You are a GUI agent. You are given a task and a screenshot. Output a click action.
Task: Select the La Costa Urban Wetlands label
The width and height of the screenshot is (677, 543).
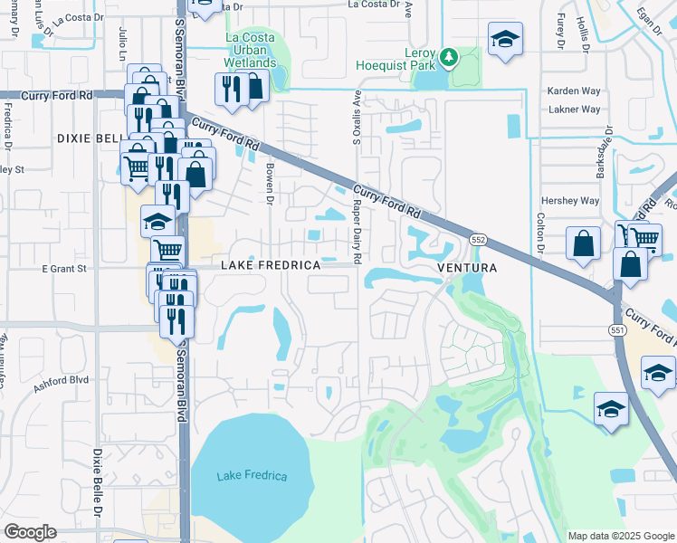pyautogui.click(x=251, y=51)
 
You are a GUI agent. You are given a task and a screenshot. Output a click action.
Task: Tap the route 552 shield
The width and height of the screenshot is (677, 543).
pyautogui.click(x=479, y=238)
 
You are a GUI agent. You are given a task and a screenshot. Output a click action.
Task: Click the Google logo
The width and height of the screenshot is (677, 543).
pyautogui.click(x=30, y=532)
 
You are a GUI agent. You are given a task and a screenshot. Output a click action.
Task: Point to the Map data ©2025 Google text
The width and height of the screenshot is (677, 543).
pyautogui.click(x=620, y=536)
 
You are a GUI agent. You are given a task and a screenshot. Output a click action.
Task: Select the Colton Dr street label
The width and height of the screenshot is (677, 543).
pyautogui.click(x=539, y=231)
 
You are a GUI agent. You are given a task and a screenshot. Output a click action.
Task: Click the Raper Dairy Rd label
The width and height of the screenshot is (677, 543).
pyautogui.click(x=358, y=244)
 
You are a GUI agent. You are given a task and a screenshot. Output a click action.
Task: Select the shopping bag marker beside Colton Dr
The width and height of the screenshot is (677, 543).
pyautogui.click(x=584, y=243)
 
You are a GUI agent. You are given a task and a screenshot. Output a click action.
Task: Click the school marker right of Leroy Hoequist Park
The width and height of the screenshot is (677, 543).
pyautogui.click(x=504, y=40)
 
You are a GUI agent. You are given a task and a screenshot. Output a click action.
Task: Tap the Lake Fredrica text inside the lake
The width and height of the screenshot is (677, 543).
pyautogui.click(x=252, y=476)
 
